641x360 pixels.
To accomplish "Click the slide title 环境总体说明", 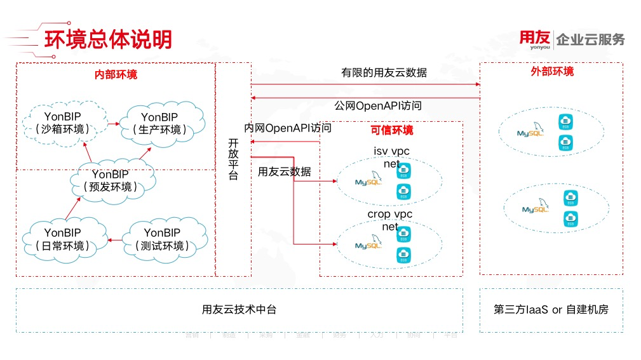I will coord(109,39).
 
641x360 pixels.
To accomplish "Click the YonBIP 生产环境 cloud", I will coord(159,123).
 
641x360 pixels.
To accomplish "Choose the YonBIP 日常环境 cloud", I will coord(62,239).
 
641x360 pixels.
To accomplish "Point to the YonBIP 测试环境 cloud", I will coord(162,239).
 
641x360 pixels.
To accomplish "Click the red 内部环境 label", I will coord(116,74).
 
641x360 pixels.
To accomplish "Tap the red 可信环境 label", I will coord(391,130).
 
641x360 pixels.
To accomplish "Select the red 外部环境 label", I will coord(552,71).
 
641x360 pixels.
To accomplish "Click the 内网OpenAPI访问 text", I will coord(288,128).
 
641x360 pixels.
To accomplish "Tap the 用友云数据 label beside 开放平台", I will coord(284,171).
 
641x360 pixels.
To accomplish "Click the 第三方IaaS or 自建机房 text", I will coord(551,309).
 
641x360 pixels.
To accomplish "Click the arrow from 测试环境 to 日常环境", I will coord(115,240).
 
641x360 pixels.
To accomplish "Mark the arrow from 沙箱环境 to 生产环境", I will coord(113,123).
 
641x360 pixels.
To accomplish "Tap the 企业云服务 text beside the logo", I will coord(590,39).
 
